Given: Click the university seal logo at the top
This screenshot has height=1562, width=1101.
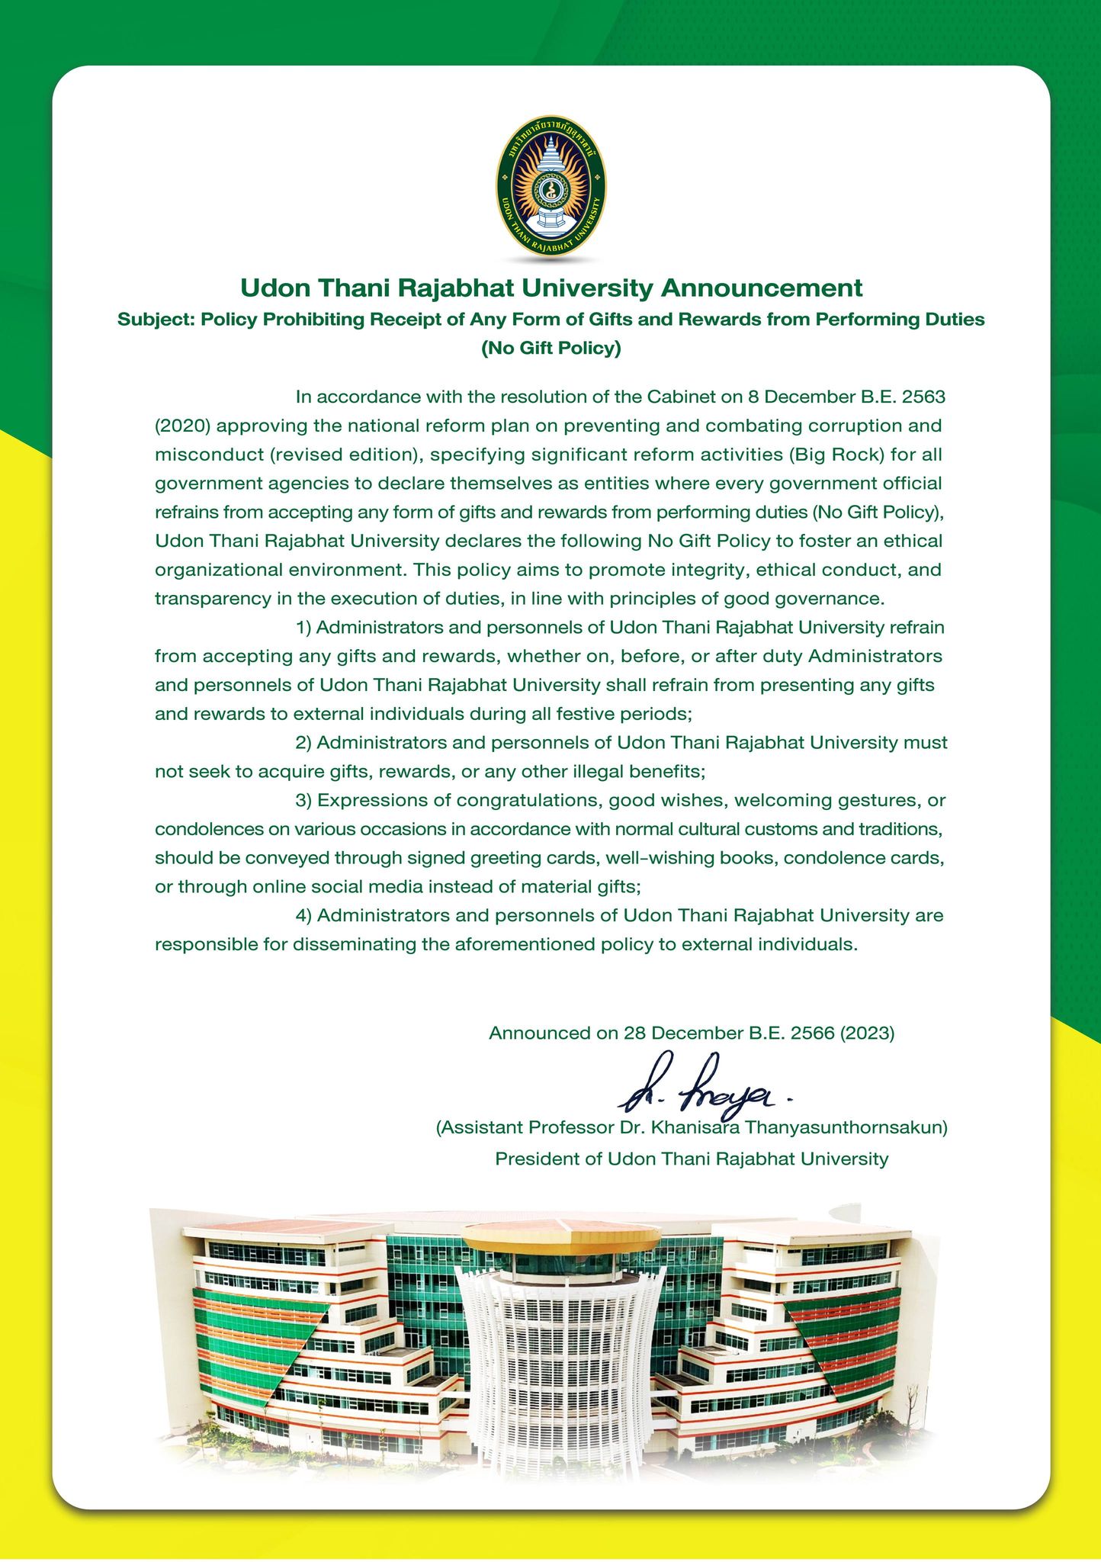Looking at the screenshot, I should [550, 185].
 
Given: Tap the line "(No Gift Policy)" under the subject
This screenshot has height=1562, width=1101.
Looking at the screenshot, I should [550, 349].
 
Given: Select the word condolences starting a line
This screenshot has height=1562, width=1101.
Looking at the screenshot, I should [207, 829].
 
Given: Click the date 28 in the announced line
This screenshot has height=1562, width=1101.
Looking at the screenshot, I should [634, 1033].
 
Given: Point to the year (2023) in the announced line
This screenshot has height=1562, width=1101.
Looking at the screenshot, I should [867, 1033].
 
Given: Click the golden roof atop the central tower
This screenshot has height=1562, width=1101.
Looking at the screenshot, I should [563, 1235].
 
